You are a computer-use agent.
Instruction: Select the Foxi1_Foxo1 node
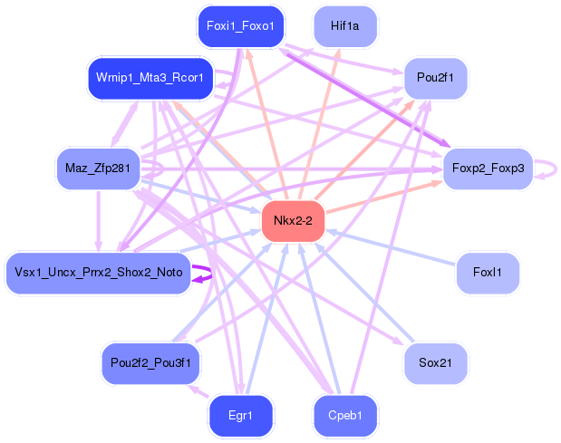tap(240, 26)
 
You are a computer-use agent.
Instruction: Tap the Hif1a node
tap(345, 26)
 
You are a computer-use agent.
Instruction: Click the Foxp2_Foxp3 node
tap(488, 168)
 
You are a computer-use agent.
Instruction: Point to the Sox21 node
tap(436, 362)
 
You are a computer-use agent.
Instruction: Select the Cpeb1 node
tap(345, 416)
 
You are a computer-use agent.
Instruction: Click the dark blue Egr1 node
tap(240, 416)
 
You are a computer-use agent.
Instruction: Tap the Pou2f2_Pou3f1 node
tap(150, 362)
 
